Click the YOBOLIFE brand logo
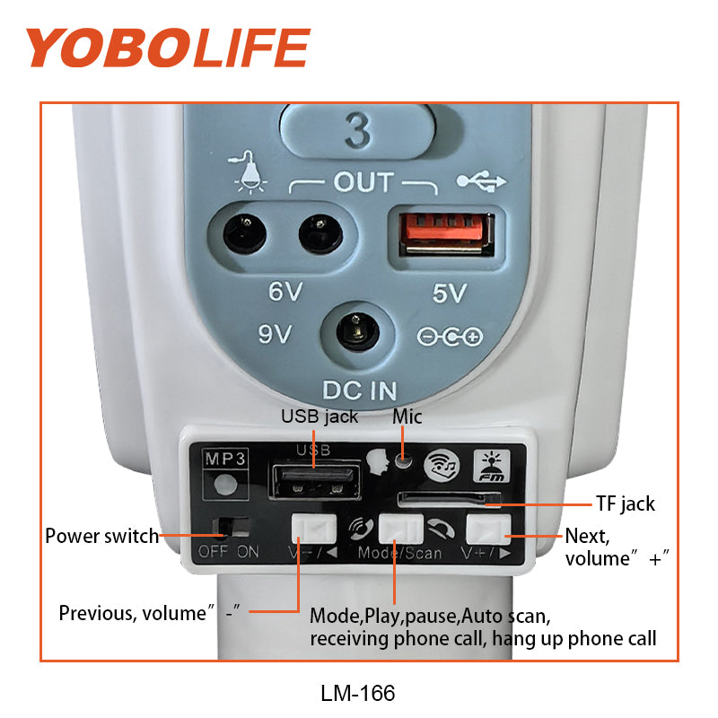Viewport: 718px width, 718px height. pyautogui.click(x=168, y=48)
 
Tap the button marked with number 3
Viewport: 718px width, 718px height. pyautogui.click(x=357, y=131)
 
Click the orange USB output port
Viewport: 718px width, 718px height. pyautogui.click(x=446, y=233)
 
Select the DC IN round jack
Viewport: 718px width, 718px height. pyautogui.click(x=357, y=331)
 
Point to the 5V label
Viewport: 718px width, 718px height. pyautogui.click(x=450, y=293)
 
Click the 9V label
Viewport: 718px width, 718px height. pyautogui.click(x=275, y=333)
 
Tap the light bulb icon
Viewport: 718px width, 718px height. pyautogui.click(x=249, y=172)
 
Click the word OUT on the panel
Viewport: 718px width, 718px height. pyautogui.click(x=363, y=182)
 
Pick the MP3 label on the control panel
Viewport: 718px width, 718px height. pyautogui.click(x=225, y=459)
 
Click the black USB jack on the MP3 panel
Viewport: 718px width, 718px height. pyautogui.click(x=316, y=481)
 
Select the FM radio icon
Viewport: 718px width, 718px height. pyautogui.click(x=491, y=465)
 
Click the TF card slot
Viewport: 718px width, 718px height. pyautogui.click(x=450, y=499)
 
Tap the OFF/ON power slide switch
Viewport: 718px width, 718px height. pyautogui.click(x=232, y=528)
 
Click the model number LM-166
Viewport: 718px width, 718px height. pyautogui.click(x=357, y=693)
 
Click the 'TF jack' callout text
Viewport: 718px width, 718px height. pyautogui.click(x=625, y=503)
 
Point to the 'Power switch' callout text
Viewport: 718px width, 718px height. pyautogui.click(x=101, y=536)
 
